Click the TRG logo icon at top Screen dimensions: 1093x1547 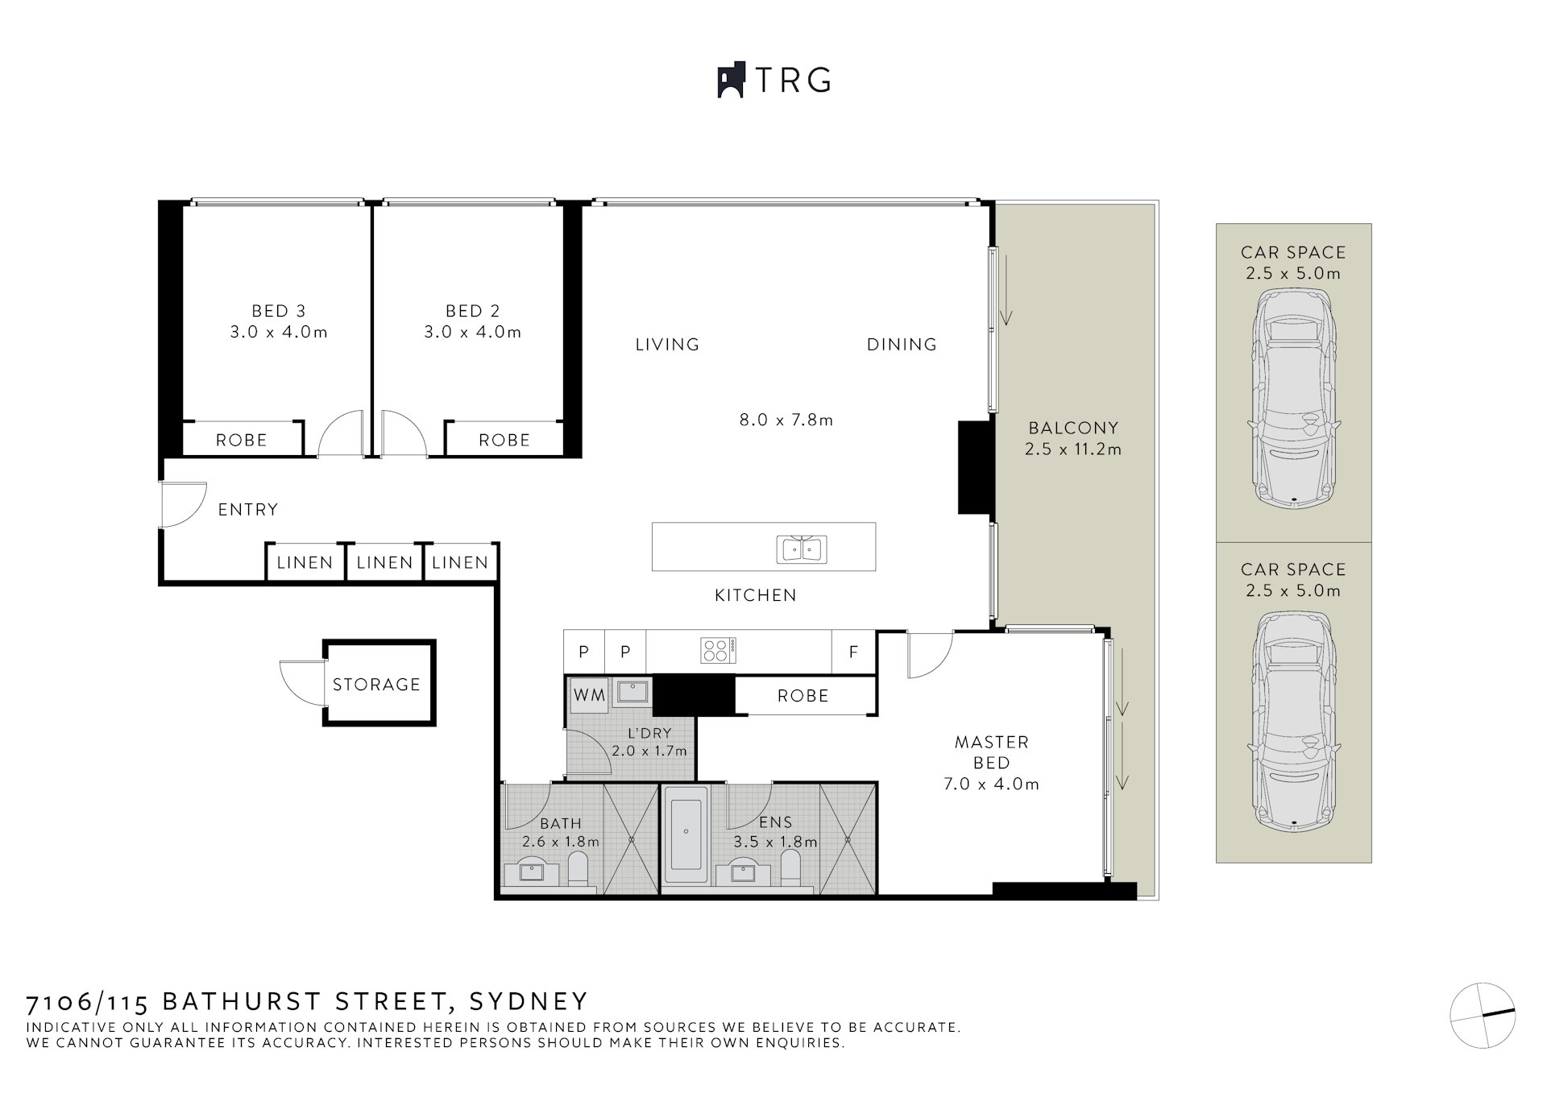click(x=730, y=81)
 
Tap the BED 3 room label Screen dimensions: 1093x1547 click(x=278, y=311)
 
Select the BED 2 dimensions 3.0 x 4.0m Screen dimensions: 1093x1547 click(x=472, y=332)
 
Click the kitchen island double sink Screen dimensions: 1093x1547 click(x=802, y=549)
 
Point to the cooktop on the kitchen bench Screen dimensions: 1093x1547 click(x=716, y=650)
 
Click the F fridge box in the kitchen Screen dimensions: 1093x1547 click(x=853, y=652)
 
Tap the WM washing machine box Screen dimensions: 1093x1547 click(x=589, y=695)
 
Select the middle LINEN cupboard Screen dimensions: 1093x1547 click(x=384, y=562)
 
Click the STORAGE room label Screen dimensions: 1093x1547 click(x=376, y=685)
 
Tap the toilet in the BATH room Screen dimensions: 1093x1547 click(x=577, y=870)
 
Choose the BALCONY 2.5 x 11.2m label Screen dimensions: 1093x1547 click(x=1072, y=438)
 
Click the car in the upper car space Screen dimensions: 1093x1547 click(x=1293, y=395)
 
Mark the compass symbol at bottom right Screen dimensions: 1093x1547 click(x=1482, y=1016)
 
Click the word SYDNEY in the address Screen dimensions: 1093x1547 click(x=529, y=1001)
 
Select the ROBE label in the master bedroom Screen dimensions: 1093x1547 click(x=803, y=696)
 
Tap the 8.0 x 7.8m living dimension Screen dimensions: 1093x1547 click(x=786, y=420)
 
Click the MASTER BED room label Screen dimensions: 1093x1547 click(x=991, y=751)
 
